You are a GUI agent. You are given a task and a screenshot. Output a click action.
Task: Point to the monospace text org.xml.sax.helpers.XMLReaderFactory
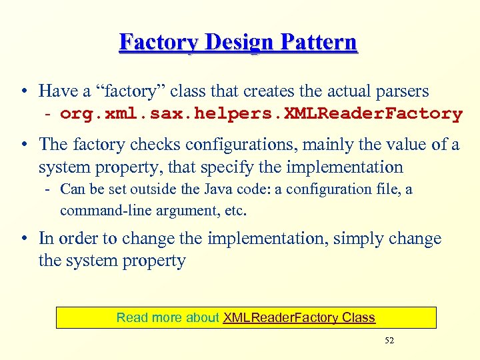point(261,114)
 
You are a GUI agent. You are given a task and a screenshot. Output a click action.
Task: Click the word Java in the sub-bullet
point(223,189)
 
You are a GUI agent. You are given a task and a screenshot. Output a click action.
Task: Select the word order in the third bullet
point(77,239)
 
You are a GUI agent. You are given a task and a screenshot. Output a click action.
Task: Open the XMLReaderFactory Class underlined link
point(299,318)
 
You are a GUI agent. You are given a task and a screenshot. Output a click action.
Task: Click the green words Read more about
point(167,318)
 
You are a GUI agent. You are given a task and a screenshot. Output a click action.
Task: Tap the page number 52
point(389,341)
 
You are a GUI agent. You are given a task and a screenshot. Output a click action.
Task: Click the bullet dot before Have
point(23,91)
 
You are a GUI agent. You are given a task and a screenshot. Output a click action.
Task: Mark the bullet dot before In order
point(23,239)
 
